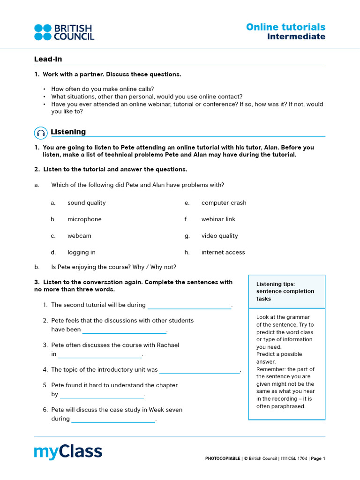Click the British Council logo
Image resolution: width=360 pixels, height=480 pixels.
[x=64, y=32]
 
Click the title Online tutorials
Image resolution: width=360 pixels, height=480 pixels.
[x=285, y=27]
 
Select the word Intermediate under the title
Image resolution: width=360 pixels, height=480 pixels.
[x=296, y=37]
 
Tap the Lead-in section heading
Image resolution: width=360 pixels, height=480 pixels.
[x=48, y=59]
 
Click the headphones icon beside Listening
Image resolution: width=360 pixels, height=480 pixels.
[x=41, y=133]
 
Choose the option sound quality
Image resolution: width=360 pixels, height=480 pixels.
[x=86, y=203]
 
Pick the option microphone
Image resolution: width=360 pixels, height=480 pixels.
[x=84, y=219]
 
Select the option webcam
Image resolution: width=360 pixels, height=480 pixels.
[x=79, y=236]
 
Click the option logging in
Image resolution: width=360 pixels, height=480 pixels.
[x=81, y=252]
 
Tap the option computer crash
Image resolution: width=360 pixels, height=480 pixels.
[x=224, y=203]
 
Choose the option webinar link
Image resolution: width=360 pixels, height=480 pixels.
[x=218, y=219]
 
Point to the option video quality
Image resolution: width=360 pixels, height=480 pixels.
[x=219, y=236]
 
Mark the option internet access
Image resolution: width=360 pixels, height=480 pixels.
[x=223, y=252]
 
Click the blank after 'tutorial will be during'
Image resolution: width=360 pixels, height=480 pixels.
[x=189, y=306]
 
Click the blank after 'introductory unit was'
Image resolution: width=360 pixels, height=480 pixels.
[x=200, y=370]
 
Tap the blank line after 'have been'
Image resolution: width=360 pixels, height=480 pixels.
[x=124, y=330]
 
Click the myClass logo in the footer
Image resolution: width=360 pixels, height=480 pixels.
[x=68, y=452]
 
